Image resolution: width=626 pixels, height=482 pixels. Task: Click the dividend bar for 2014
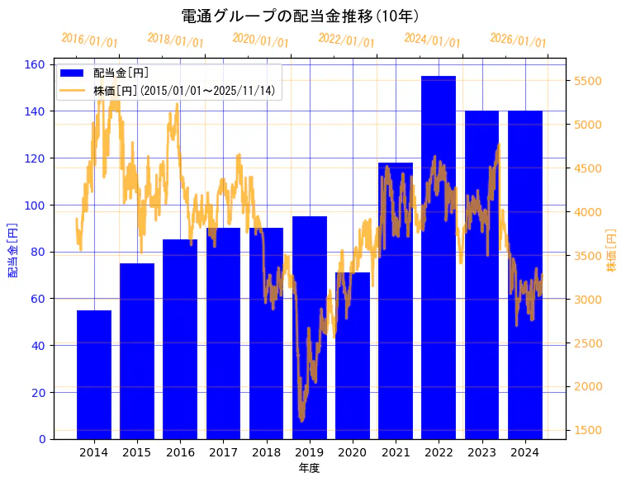(94, 375)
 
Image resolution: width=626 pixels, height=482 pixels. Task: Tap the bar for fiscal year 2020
(353, 356)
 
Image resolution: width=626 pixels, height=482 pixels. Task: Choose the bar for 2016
(180, 339)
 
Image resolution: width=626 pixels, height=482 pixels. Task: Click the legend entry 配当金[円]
(121, 73)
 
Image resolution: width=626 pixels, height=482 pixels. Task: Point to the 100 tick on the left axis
(38, 205)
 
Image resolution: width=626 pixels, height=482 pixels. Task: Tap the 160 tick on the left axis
(38, 64)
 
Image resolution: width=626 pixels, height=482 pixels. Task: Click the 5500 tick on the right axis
(588, 81)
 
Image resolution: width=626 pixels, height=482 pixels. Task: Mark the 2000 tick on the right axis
(588, 386)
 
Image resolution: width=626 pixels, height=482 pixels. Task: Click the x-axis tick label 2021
(396, 452)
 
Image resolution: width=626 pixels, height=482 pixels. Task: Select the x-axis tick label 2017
(223, 452)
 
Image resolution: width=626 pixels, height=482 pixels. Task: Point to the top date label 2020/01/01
(261, 40)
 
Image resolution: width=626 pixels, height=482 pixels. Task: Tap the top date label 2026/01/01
(518, 40)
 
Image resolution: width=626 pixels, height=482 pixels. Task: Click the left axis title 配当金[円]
(13, 249)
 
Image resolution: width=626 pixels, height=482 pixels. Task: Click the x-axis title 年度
(309, 468)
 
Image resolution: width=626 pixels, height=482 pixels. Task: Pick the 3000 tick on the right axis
(588, 299)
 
